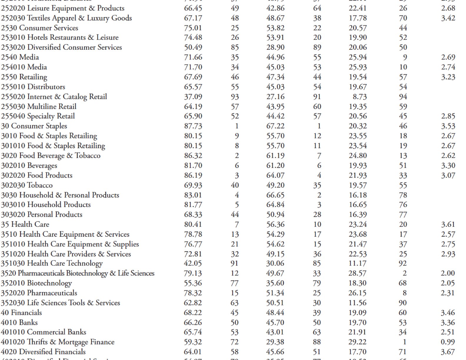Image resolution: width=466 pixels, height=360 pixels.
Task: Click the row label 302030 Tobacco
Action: tap(27, 185)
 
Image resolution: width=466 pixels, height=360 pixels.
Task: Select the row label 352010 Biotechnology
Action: tap(36, 283)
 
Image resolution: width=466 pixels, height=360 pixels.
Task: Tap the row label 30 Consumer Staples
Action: tap(34, 126)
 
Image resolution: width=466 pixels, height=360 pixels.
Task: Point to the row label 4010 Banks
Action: tap(19, 322)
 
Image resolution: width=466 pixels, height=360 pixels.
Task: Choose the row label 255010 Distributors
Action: tap(33, 87)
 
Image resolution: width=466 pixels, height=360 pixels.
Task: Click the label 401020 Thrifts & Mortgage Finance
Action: tap(58, 342)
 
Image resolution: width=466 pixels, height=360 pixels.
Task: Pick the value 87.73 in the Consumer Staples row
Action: tap(193, 126)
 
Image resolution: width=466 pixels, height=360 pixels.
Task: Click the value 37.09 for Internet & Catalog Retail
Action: tap(193, 97)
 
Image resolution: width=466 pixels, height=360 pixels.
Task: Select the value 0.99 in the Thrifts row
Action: tap(448, 342)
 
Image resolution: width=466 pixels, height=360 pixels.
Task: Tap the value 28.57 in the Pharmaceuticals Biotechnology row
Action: tap(357, 273)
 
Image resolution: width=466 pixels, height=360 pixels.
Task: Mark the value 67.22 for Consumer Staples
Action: tap(275, 126)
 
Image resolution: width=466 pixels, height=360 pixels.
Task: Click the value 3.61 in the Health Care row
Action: tap(448, 224)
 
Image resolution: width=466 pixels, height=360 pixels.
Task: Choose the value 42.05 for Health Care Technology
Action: tap(193, 264)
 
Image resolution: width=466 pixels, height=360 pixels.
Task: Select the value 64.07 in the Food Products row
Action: tap(275, 175)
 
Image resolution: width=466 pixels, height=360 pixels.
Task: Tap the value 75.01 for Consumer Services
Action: tap(193, 28)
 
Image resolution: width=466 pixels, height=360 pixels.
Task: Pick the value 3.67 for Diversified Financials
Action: tap(448, 352)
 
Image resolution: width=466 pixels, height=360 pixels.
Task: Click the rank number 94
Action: tap(403, 97)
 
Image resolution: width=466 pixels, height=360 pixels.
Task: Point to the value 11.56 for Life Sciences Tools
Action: tap(357, 303)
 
